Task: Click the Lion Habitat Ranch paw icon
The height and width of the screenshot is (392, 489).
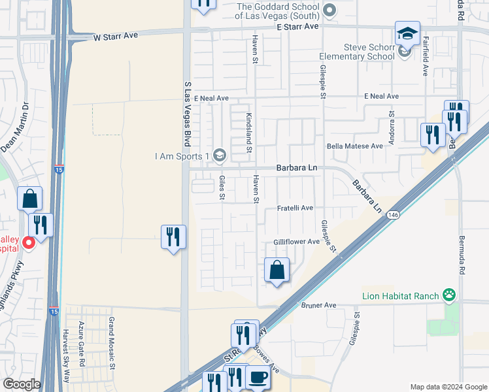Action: point(448,295)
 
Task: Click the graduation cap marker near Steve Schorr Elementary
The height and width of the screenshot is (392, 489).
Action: point(407,33)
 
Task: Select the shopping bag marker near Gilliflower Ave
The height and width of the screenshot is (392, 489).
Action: point(277,269)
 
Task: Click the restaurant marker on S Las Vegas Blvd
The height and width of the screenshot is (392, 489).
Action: point(173,237)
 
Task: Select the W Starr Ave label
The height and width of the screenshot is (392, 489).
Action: point(116,36)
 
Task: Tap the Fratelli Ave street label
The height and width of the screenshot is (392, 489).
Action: point(294,208)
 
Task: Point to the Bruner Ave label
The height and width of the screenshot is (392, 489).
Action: point(318,305)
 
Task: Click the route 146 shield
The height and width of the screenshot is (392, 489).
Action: point(392,214)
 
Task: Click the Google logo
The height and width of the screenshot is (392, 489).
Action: point(21,384)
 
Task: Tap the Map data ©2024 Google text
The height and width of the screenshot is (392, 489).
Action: point(448,386)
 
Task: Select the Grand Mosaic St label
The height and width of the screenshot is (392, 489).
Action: point(112,335)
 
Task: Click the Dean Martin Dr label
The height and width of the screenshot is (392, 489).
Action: point(15,127)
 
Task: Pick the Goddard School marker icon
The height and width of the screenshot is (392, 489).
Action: point(329,10)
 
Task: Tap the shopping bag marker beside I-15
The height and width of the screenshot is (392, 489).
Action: point(30,198)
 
